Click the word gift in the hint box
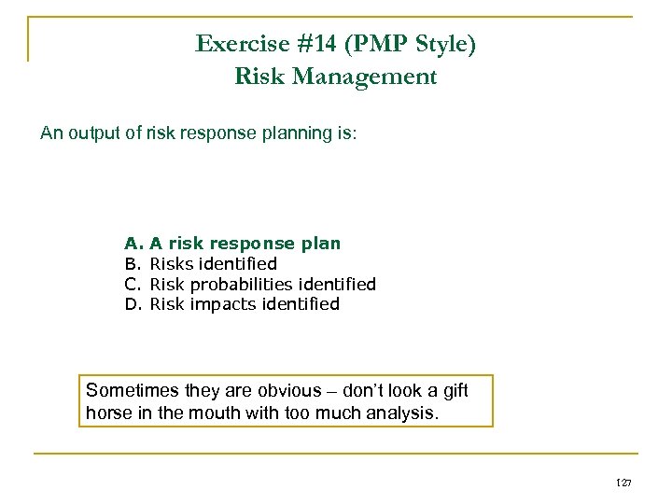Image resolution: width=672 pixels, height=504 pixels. point(452,390)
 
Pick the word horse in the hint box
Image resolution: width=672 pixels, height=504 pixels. point(106,412)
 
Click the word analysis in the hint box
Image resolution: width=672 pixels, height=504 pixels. point(403,412)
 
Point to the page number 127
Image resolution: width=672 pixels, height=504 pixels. point(624,483)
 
